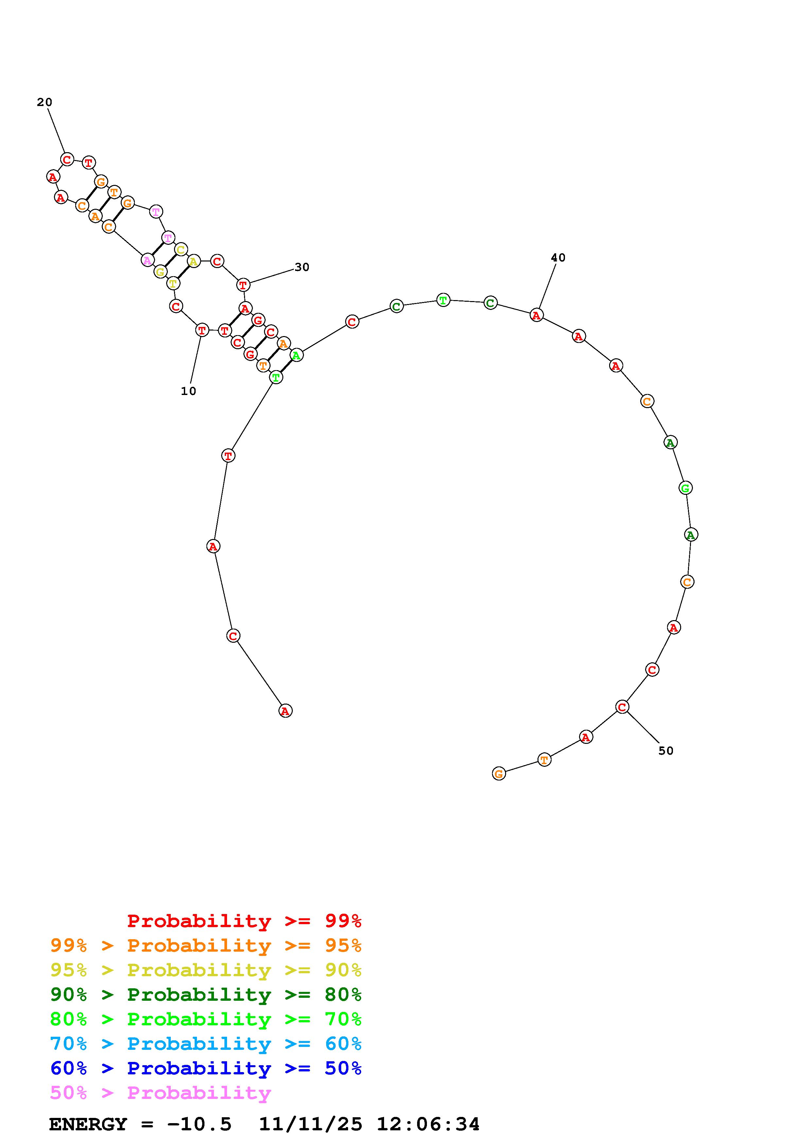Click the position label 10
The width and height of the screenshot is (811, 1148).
[x=188, y=391]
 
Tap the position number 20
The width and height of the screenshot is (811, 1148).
[x=44, y=102]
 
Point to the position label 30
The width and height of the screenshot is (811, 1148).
[x=302, y=267]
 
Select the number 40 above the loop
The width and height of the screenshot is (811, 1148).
[x=558, y=258]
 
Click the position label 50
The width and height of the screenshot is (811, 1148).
[x=666, y=750]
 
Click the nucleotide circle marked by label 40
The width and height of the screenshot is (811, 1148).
[x=537, y=315]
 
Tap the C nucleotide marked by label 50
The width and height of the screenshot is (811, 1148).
[x=622, y=707]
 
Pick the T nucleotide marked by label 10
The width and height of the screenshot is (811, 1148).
[x=202, y=330]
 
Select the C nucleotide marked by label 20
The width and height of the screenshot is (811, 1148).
[x=67, y=159]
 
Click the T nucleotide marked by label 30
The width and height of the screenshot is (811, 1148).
[x=243, y=285]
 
